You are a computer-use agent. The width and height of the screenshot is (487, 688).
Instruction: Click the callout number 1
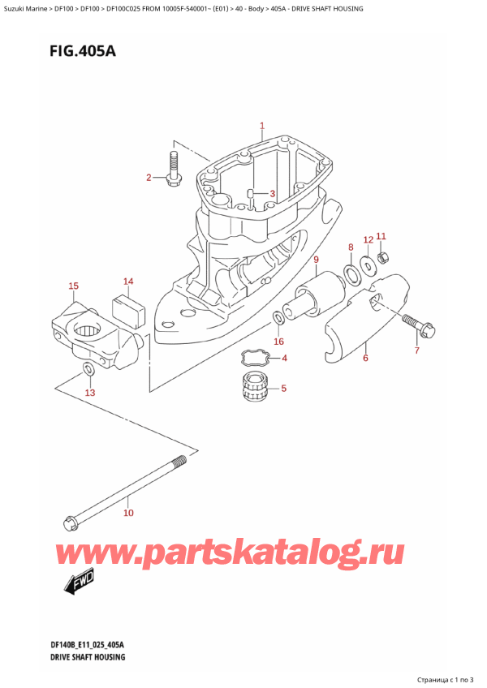[x=262, y=126]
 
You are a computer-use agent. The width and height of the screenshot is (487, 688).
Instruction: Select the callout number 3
[x=273, y=193]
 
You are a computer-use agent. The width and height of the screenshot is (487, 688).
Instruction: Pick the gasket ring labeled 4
[x=254, y=357]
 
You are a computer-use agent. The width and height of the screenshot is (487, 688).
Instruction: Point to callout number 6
[x=365, y=358]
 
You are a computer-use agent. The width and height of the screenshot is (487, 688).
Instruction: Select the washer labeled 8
[x=354, y=273]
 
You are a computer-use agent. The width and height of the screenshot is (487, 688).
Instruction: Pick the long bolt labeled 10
[x=126, y=490]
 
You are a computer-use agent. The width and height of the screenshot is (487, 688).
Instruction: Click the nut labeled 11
[x=385, y=258]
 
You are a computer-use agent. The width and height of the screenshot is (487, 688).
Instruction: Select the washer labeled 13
[x=88, y=371]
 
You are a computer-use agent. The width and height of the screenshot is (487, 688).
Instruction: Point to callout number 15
[x=74, y=286]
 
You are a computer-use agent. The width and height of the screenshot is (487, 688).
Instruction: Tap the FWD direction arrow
[x=78, y=580]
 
